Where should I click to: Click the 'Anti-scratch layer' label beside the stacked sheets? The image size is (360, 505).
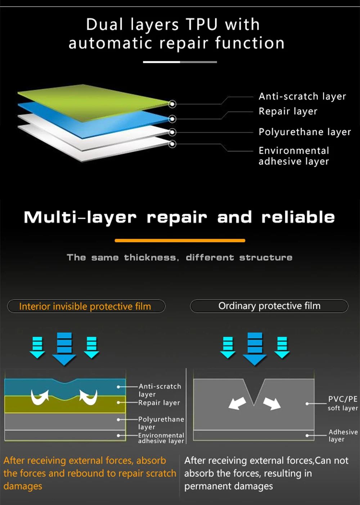(302, 97)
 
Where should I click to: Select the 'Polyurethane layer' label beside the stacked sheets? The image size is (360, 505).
(305, 132)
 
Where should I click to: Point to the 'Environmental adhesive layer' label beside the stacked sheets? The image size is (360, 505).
(294, 156)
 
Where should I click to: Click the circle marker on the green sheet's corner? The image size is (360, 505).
(172, 104)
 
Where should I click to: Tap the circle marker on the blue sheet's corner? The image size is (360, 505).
(172, 119)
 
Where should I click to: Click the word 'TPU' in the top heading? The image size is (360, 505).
(202, 24)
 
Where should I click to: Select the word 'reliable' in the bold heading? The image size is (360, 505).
(298, 217)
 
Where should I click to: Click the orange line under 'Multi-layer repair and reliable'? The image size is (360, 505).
(180, 240)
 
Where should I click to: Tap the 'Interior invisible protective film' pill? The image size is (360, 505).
(86, 306)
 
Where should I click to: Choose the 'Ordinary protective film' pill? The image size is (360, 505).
(269, 306)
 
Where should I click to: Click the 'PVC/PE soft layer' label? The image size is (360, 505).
(342, 403)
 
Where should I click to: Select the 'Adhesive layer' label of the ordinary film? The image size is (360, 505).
(342, 435)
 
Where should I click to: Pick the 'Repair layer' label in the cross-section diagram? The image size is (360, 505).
(159, 403)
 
